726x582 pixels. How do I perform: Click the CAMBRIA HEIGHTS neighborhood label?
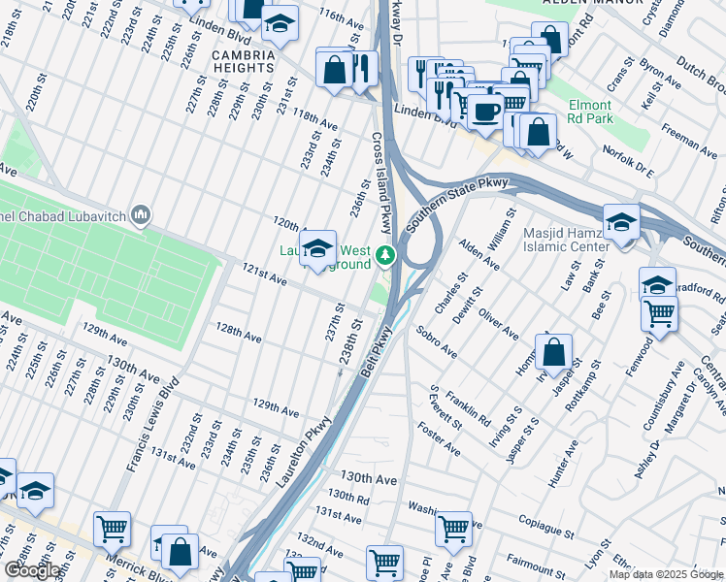click(x=246, y=63)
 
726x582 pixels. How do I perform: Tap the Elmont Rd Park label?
click(x=590, y=112)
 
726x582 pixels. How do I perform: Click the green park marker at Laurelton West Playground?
click(x=386, y=256)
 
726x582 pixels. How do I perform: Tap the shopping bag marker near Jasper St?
click(x=552, y=353)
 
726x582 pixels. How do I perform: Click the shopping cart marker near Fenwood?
click(x=659, y=313)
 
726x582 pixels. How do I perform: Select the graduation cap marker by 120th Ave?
click(x=316, y=249)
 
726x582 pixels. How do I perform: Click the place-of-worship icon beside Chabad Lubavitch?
click(x=142, y=213)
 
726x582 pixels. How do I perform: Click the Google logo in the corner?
click(x=33, y=570)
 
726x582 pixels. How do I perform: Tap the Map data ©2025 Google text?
click(x=666, y=574)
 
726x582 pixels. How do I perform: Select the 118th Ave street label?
click(x=314, y=120)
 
